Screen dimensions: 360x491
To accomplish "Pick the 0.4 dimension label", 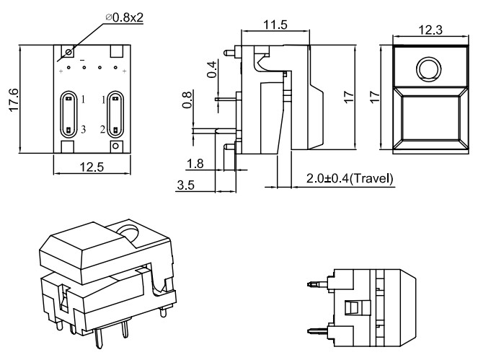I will click(212, 70).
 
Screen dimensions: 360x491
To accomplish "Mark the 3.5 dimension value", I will click(185, 185).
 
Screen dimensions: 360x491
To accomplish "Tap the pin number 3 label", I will click(84, 129).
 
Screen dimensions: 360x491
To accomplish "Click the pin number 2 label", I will click(102, 129).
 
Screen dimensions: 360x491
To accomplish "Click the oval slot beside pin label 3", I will click(68, 113).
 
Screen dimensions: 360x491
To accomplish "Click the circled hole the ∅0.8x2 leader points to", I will click(69, 52).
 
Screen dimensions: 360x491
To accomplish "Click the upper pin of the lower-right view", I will click(315, 285).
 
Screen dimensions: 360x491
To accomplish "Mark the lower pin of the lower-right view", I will click(315, 332).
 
